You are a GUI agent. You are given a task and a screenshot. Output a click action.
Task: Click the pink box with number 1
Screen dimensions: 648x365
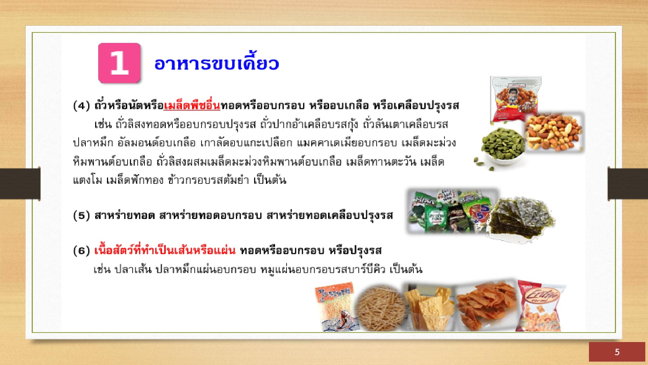[x=119, y=63]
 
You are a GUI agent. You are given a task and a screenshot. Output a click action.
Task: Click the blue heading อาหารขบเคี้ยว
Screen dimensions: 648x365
[x=217, y=63]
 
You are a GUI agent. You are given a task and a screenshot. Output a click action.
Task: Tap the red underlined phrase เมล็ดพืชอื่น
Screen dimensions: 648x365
[x=192, y=106]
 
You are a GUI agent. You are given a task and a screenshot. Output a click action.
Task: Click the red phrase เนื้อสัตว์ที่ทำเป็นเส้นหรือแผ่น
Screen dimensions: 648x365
[x=165, y=250]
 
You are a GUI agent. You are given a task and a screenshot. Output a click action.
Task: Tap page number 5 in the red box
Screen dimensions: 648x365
[x=617, y=352]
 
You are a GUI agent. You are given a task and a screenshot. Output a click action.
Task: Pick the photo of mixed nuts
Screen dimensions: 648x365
[x=554, y=132]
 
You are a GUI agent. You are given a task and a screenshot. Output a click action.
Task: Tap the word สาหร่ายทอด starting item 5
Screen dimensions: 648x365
[x=125, y=216]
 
